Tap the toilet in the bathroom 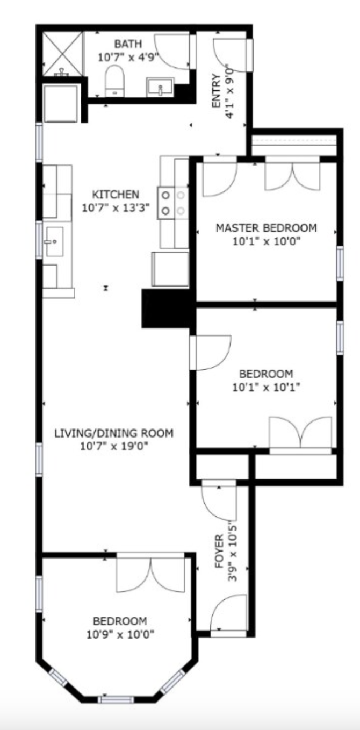tap(114, 81)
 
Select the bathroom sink tap(160, 87)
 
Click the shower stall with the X tap(62, 53)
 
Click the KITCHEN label tap(116, 195)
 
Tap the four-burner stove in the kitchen tap(173, 203)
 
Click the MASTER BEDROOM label tap(266, 228)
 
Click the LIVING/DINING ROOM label tap(114, 433)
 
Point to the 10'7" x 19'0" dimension tap(114, 446)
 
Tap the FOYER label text tap(219, 549)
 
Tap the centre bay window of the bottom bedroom tap(116, 699)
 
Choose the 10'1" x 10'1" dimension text tap(266, 387)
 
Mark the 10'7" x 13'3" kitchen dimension tap(116, 207)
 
